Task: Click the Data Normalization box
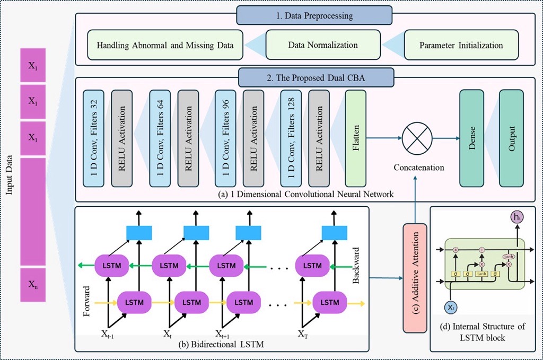322,45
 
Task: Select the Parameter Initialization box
461,45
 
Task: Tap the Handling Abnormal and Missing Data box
165,45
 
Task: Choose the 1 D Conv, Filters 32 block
94,138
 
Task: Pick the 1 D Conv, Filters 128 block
291,138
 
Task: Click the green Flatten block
356,138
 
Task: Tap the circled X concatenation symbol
418,138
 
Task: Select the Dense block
471,138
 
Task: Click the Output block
512,138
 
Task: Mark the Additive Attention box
415,278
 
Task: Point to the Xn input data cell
33,284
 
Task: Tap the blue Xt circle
450,308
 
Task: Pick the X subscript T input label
302,333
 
